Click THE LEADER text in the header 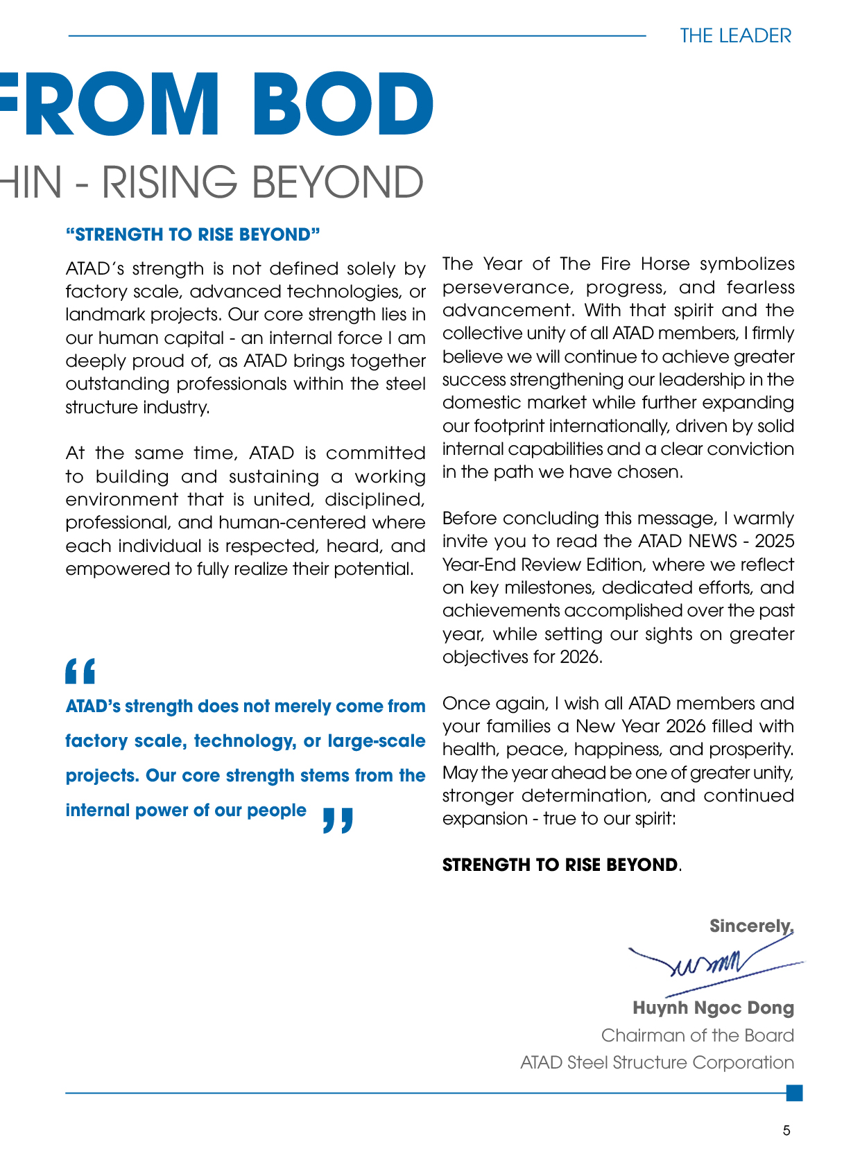pos(735,35)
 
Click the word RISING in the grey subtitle pos(172,182)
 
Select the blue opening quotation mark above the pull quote pos(80,671)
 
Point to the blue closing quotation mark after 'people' pos(338,820)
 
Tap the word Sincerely pos(751,926)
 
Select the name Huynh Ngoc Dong pos(713,1008)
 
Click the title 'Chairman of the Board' pos(697,1035)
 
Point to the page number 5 pos(786,1130)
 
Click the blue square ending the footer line pos(795,1093)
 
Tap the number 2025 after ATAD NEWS pos(774,541)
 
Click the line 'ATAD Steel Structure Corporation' pos(657,1062)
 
